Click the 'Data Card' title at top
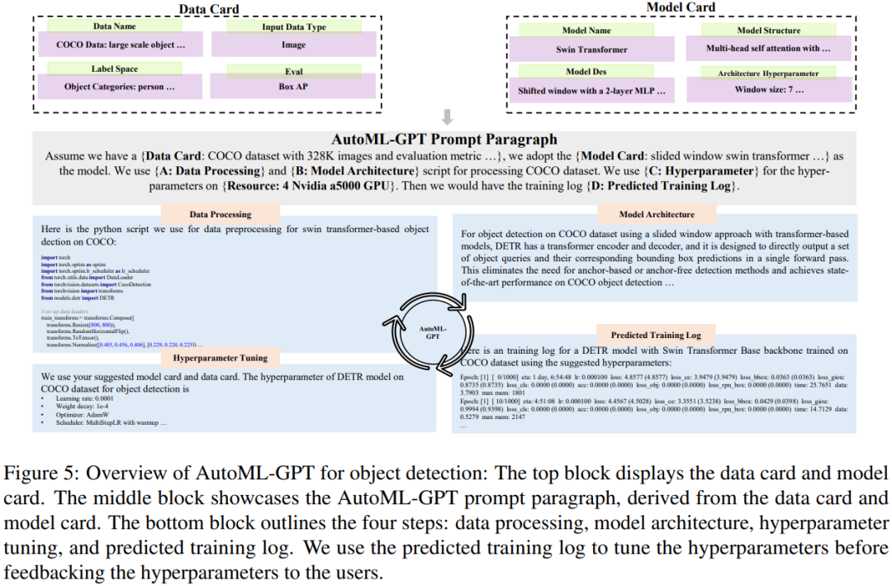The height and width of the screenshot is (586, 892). tap(209, 9)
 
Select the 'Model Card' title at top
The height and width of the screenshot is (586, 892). tap(681, 7)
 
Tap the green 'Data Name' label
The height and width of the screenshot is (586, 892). tap(115, 26)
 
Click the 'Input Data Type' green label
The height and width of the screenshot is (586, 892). tap(293, 26)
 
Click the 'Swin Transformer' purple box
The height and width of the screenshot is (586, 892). tap(591, 49)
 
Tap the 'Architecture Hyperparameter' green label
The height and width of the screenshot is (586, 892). tap(768, 73)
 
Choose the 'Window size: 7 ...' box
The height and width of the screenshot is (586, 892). tap(768, 90)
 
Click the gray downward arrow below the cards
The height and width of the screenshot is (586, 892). tap(447, 115)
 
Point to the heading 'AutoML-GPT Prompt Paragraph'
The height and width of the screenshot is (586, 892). tap(446, 140)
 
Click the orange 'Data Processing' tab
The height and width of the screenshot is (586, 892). tap(209, 214)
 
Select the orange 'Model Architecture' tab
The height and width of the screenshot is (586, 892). tap(657, 215)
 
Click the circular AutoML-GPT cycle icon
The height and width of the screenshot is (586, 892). tap(427, 330)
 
